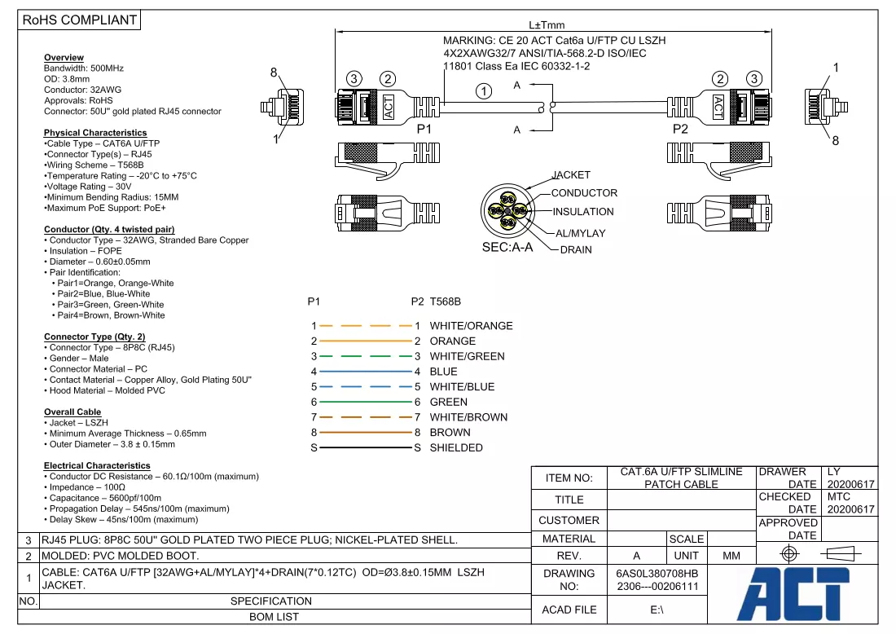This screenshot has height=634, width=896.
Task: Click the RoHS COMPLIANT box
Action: pyautogui.click(x=80, y=20)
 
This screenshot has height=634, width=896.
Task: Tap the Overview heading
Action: pyautogui.click(x=64, y=57)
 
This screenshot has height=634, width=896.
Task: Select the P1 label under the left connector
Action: pyautogui.click(x=424, y=130)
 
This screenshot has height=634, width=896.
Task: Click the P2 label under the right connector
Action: pyautogui.click(x=680, y=130)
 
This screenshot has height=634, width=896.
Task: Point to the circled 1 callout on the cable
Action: pyautogui.click(x=484, y=91)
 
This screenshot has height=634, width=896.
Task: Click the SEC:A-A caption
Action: pyautogui.click(x=507, y=248)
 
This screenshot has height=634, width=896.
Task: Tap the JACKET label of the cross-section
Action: pyautogui.click(x=571, y=175)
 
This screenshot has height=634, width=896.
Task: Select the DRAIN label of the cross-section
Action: pyautogui.click(x=576, y=250)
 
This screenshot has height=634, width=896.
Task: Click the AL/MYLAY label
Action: pyautogui.click(x=580, y=233)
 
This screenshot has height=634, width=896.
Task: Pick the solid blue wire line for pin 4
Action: pyautogui.click(x=366, y=372)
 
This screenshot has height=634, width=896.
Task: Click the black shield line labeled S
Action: pyautogui.click(x=366, y=447)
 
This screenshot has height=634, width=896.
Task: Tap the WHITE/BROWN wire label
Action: pyautogui.click(x=468, y=417)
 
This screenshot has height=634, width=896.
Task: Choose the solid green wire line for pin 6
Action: pyautogui.click(x=366, y=402)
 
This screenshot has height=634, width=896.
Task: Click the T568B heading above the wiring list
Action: pyautogui.click(x=445, y=302)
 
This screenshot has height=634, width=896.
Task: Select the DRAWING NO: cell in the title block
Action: pyautogui.click(x=569, y=579)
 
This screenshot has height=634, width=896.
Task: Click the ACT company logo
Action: pyautogui.click(x=793, y=593)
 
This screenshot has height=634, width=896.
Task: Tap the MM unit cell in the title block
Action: pyautogui.click(x=731, y=556)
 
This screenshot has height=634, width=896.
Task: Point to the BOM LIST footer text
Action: pyautogui.click(x=274, y=617)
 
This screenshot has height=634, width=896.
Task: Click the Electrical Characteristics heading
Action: pyautogui.click(x=97, y=465)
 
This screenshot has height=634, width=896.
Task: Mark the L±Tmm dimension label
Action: pyautogui.click(x=547, y=25)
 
